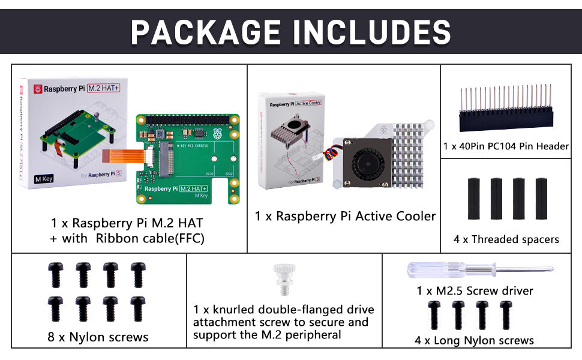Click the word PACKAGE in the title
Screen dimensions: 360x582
204,31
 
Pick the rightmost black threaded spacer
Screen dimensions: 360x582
541,199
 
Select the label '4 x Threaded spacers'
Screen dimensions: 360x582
506,239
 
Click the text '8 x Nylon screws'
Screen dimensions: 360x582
98,337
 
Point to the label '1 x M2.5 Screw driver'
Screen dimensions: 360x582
475,291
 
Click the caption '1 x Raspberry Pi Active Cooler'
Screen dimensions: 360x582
345,216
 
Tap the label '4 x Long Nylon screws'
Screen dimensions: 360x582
474,340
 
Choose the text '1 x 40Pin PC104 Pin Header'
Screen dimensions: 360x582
506,146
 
